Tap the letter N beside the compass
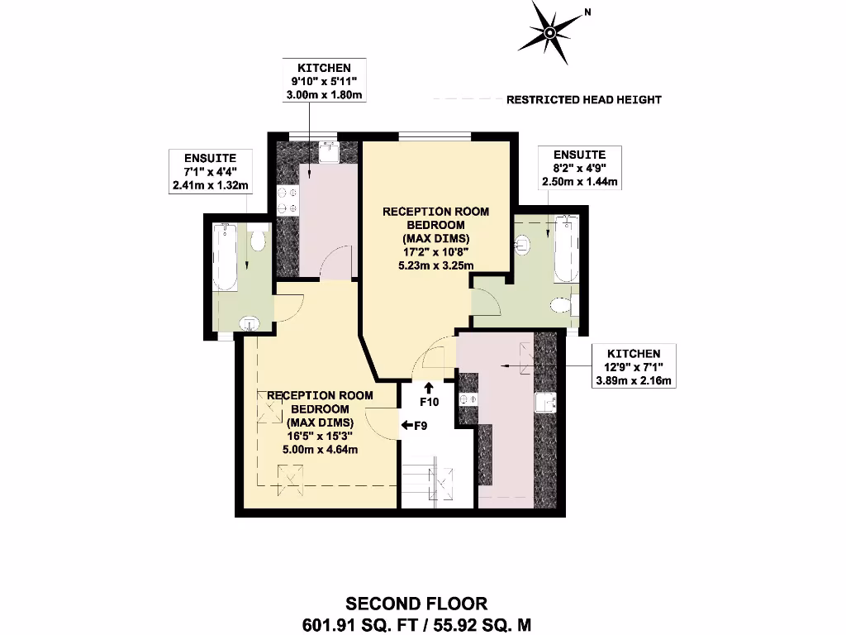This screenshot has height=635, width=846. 587,12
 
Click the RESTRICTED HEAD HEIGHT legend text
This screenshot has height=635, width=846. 583,100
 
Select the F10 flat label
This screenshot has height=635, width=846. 429,402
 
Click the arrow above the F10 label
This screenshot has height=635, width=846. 429,386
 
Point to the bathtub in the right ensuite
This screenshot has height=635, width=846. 565,249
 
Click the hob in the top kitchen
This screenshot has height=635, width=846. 287,198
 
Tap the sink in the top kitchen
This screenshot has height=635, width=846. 328,153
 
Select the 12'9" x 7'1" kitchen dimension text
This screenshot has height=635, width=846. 633,367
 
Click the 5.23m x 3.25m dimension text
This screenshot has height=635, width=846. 435,265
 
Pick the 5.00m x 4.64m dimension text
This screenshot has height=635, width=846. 319,450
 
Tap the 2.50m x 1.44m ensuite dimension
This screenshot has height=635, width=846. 578,181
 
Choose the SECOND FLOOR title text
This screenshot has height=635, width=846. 416,604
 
